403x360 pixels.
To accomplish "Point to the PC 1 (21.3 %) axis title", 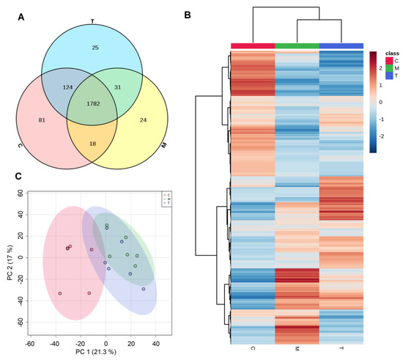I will [x=92, y=354].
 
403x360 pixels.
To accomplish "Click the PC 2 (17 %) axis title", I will [x=9, y=256].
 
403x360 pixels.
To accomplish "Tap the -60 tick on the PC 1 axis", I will [x=29, y=343].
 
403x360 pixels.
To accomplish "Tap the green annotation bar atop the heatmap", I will [x=297, y=45].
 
